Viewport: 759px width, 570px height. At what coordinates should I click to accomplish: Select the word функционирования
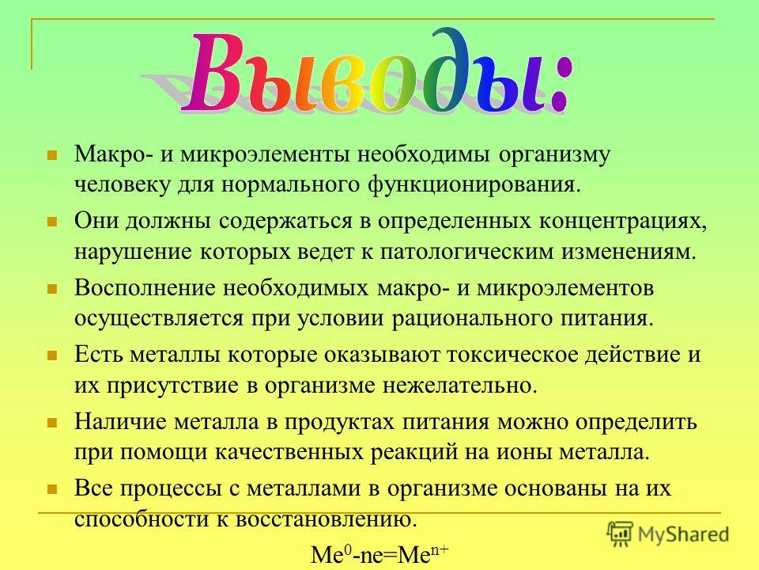473,184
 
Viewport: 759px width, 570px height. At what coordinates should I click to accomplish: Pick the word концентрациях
623,222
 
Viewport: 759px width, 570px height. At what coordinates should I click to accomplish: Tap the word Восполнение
145,288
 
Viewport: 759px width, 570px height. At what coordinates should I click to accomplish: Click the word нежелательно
460,386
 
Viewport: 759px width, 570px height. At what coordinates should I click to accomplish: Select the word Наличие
120,422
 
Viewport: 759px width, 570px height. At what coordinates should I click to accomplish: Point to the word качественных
289,452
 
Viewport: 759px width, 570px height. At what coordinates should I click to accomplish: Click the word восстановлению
327,519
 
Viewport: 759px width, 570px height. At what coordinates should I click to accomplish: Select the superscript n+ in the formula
440,549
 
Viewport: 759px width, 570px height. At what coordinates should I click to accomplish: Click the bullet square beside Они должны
52,222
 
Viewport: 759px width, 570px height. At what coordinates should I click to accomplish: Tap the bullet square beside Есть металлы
52,355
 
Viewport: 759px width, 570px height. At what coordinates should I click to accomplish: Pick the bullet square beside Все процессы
52,489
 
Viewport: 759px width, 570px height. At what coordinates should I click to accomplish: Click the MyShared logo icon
620,534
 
